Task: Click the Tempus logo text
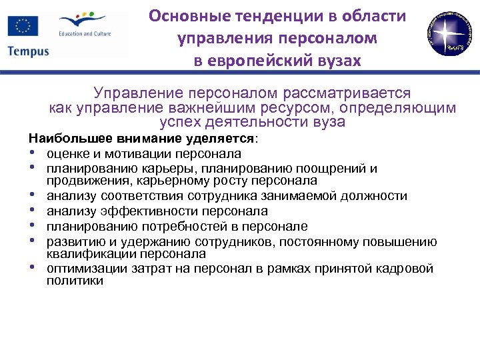pyautogui.click(x=29, y=52)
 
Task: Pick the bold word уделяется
pyautogui.click(x=223, y=139)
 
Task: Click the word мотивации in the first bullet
pyautogui.click(x=133, y=154)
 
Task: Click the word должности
pyautogui.click(x=374, y=196)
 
